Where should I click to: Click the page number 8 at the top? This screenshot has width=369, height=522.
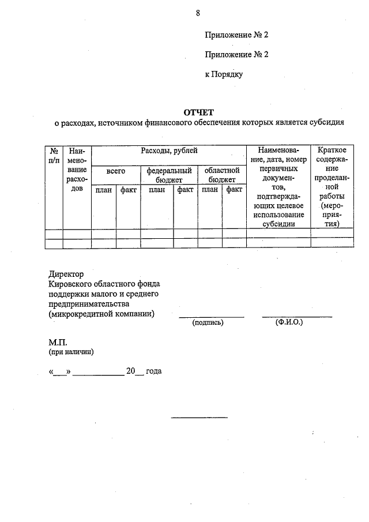(198, 12)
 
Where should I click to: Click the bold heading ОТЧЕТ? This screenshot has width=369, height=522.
(198, 112)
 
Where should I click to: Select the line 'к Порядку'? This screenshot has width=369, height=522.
(224, 74)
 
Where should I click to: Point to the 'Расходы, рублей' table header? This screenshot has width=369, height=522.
(169, 151)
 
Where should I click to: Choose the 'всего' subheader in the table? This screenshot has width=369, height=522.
(116, 171)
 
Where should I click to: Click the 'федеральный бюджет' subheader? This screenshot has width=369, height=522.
(169, 175)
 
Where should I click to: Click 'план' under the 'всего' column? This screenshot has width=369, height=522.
(104, 190)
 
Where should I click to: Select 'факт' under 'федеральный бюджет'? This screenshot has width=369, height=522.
(185, 190)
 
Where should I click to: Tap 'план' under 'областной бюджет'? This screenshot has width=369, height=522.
(210, 190)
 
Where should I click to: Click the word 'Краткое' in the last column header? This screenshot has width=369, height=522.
(332, 151)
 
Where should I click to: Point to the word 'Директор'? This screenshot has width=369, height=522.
(67, 275)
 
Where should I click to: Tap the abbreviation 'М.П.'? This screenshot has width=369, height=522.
(59, 342)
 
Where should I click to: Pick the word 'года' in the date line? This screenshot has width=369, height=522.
(154, 371)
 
